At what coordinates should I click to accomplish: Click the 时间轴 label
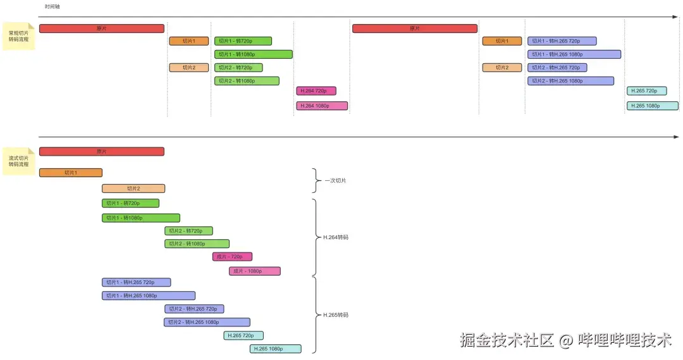(52, 6)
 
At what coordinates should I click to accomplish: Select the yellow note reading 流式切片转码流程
(19, 161)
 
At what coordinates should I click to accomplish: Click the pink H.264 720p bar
(316, 90)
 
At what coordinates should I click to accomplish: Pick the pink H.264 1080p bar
(322, 106)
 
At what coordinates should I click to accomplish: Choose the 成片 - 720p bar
(232, 257)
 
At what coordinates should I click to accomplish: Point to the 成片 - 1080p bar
(255, 271)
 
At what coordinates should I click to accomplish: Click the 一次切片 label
(335, 180)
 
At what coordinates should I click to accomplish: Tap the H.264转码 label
(336, 237)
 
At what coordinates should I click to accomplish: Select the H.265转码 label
(336, 314)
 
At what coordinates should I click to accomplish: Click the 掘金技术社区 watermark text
(507, 340)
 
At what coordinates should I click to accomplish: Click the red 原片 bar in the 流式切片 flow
(101, 151)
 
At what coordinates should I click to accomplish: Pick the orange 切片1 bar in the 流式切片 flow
(70, 173)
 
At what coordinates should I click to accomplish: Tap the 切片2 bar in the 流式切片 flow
(133, 188)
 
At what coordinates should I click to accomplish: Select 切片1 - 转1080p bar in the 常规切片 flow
(254, 54)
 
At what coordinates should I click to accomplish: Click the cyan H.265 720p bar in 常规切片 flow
(646, 90)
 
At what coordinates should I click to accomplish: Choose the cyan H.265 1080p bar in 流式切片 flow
(276, 349)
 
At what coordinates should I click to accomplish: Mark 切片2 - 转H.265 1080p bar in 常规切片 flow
(570, 81)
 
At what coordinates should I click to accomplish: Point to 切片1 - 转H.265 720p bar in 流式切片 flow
(136, 282)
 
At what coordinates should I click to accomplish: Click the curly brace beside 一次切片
(317, 180)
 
